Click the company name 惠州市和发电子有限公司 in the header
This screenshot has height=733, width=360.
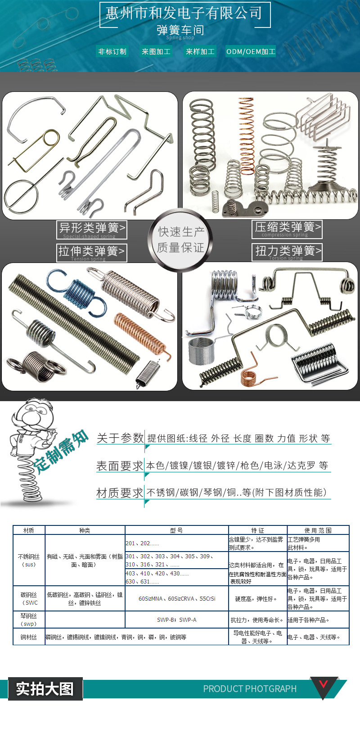click(184, 13)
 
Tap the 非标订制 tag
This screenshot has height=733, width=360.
click(112, 51)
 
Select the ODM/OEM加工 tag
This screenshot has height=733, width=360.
click(251, 51)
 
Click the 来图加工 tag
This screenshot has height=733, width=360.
click(156, 51)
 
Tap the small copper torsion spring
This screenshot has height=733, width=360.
click(250, 373)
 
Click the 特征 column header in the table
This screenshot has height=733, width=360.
click(257, 530)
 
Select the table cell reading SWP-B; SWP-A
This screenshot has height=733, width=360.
click(176, 620)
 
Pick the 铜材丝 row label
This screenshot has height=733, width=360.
click(29, 637)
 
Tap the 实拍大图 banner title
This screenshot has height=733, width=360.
click(45, 689)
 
